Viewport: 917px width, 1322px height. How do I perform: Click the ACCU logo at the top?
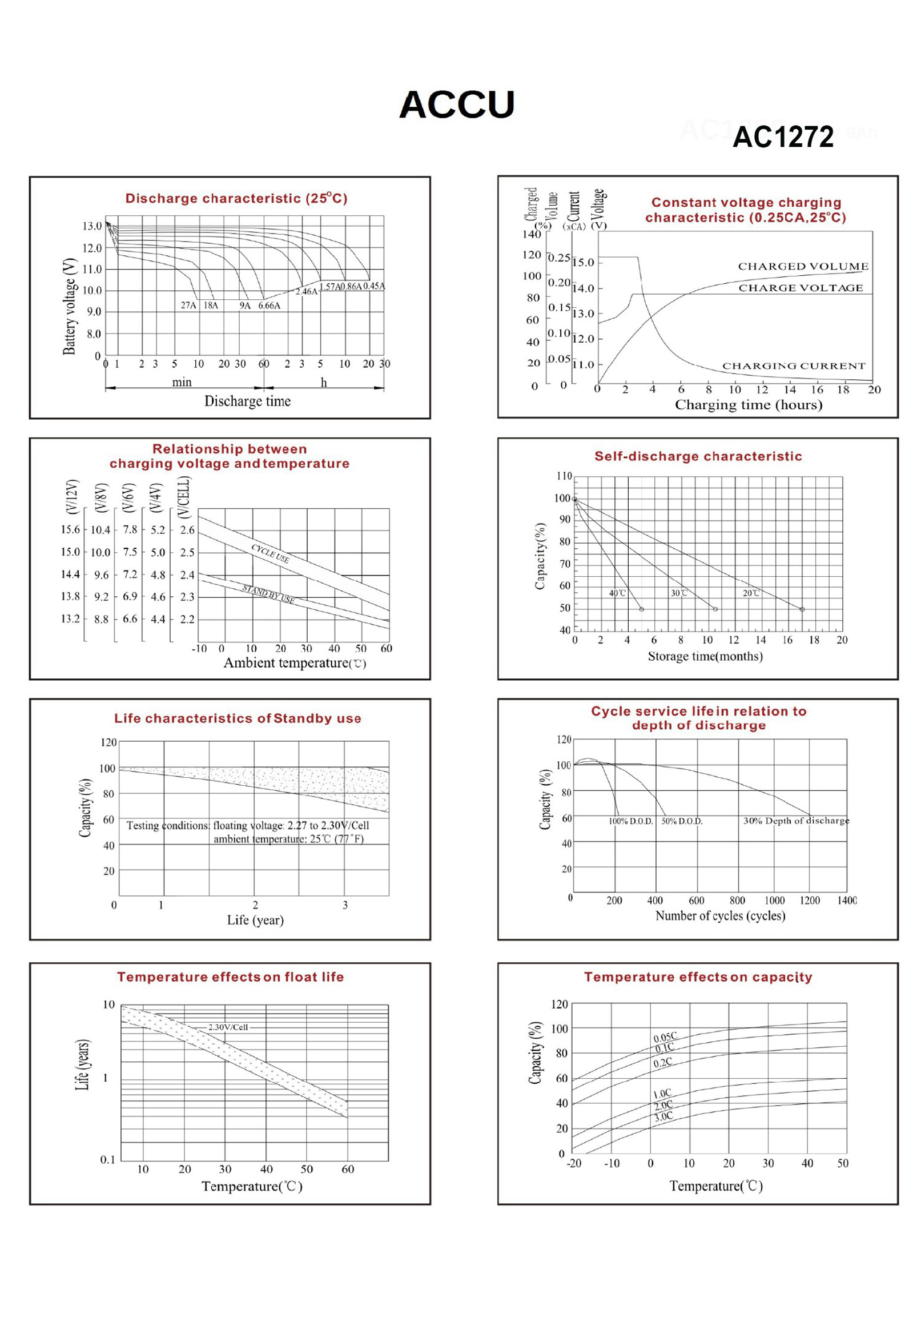457,105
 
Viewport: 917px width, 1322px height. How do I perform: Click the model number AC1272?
783,136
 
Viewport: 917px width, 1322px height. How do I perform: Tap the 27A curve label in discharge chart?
188,305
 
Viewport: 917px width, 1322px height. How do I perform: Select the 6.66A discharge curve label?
269,306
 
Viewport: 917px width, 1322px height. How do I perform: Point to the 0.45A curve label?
373,286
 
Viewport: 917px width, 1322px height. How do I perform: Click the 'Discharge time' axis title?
248,401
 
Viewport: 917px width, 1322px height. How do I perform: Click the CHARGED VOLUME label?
803,267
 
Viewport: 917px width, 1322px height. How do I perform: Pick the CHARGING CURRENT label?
794,366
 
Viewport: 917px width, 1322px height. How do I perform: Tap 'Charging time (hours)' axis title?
748,405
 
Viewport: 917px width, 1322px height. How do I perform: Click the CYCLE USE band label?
271,553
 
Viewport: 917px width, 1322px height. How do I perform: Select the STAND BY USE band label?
268,593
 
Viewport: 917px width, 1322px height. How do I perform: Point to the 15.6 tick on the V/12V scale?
70,529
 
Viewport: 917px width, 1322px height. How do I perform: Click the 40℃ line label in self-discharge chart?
617,593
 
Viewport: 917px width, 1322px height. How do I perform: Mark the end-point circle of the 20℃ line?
802,609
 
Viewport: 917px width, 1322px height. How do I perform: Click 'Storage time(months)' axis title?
705,656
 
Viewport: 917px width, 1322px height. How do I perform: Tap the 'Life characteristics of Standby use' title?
238,718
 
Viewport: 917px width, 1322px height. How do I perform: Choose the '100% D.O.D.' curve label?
630,822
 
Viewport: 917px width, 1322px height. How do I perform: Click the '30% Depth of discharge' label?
796,821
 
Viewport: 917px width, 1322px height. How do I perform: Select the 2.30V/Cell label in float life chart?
228,1027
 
